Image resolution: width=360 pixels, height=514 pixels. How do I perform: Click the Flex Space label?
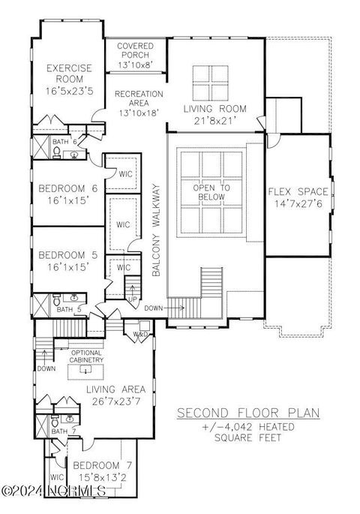point(297,197)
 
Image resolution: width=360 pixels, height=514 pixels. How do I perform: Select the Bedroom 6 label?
point(68,194)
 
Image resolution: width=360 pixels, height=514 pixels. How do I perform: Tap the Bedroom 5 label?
point(68,260)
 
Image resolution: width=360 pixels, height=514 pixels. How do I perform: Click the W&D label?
point(141,334)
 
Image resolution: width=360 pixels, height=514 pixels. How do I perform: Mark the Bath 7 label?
point(59,431)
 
